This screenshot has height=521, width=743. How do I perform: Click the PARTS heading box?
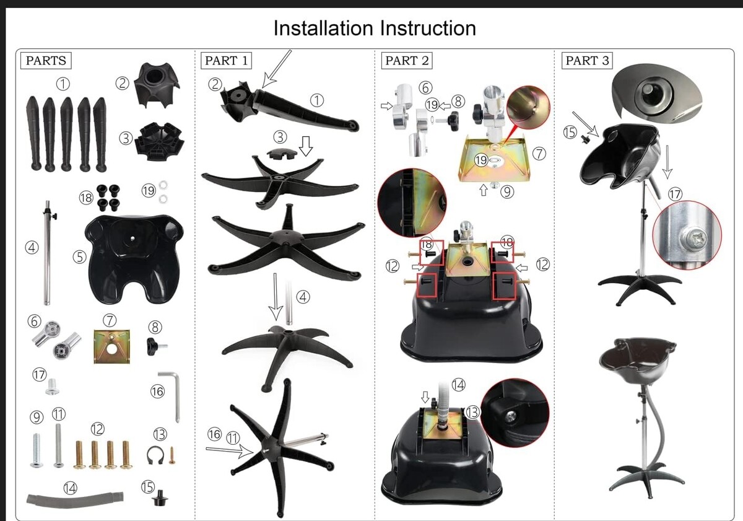46,60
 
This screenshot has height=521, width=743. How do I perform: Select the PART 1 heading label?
226,60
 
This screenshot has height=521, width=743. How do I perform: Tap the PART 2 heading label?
407,60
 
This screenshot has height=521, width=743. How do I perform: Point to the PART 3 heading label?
587,60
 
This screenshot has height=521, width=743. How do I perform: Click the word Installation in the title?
323,28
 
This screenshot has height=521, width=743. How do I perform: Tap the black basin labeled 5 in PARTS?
134,259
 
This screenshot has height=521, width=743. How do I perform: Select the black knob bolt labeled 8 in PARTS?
156,346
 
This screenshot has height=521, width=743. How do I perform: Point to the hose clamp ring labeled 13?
155,455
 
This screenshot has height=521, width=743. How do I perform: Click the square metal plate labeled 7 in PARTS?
112,346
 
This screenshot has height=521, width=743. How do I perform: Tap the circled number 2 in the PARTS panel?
122,83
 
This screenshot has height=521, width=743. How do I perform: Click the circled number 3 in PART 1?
280,137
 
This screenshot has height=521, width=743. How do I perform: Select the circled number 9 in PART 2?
507,192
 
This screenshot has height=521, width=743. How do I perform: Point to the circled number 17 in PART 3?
675,194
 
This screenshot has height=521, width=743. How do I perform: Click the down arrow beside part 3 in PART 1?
306,146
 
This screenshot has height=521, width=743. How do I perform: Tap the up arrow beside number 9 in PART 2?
484,190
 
